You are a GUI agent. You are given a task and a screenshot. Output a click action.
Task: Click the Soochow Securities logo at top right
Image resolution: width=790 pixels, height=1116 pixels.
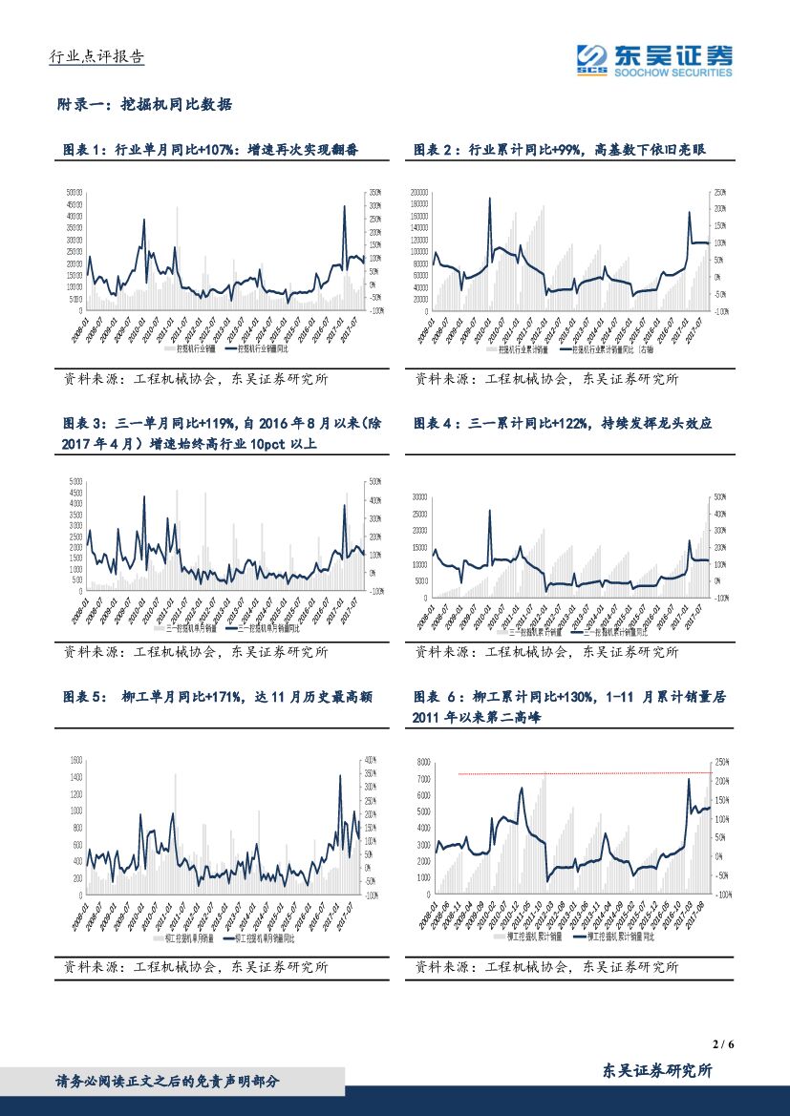tap(654, 59)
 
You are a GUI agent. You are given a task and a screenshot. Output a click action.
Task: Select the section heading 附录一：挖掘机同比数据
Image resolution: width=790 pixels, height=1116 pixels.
tap(144, 105)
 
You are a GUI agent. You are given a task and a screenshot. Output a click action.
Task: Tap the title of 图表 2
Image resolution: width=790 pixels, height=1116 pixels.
tap(559, 150)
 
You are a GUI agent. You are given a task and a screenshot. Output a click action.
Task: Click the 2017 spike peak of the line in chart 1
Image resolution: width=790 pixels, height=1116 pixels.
tap(345, 206)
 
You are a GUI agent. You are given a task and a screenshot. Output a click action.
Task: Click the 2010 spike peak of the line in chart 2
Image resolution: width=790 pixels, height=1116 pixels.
tap(490, 199)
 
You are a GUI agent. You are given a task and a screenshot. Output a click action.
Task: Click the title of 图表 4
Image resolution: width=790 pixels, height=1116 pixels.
tap(563, 423)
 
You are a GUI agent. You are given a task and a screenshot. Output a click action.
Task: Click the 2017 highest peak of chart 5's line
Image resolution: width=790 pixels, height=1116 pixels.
tap(340, 775)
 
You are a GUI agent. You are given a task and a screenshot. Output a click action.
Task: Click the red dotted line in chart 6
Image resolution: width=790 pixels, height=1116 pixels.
tap(583, 773)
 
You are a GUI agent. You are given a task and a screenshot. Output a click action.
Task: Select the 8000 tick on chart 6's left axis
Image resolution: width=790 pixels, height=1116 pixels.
tap(423, 762)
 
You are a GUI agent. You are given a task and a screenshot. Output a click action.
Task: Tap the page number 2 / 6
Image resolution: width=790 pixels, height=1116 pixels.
tap(723, 1044)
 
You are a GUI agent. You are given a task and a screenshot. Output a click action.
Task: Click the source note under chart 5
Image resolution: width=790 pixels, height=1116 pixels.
tap(196, 967)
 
